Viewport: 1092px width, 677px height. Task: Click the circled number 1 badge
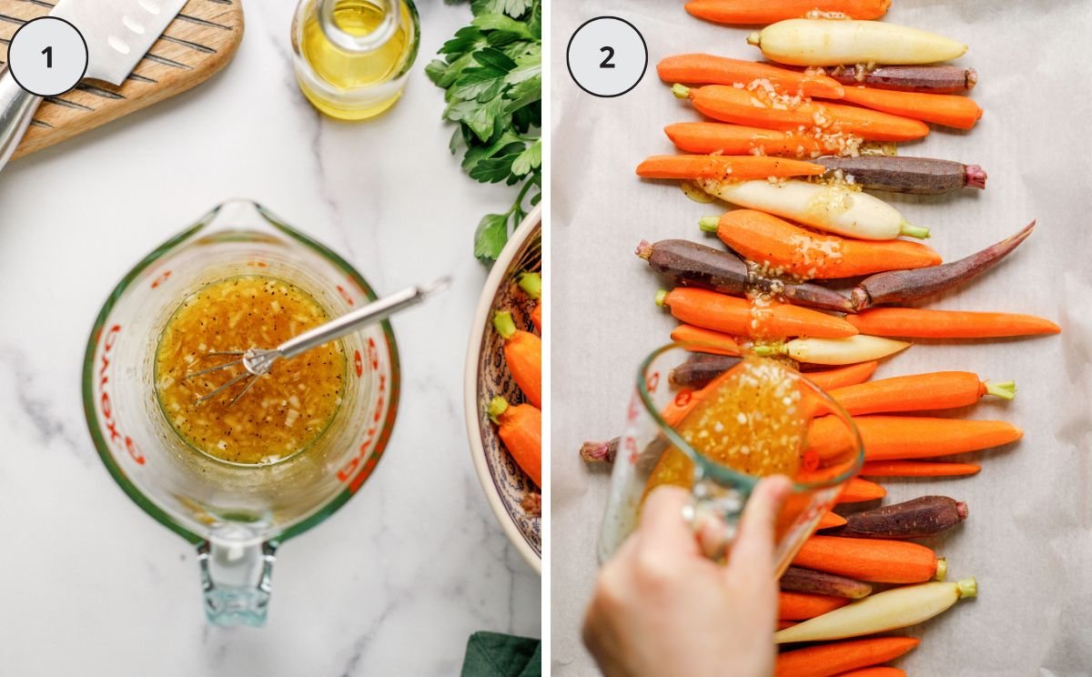pyautogui.click(x=47, y=56)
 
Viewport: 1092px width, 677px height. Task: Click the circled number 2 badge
pyautogui.click(x=607, y=56)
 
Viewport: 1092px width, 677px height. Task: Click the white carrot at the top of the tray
pyautogui.click(x=855, y=42)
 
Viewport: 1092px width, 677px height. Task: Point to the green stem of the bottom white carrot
pyautogui.click(x=966, y=588)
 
